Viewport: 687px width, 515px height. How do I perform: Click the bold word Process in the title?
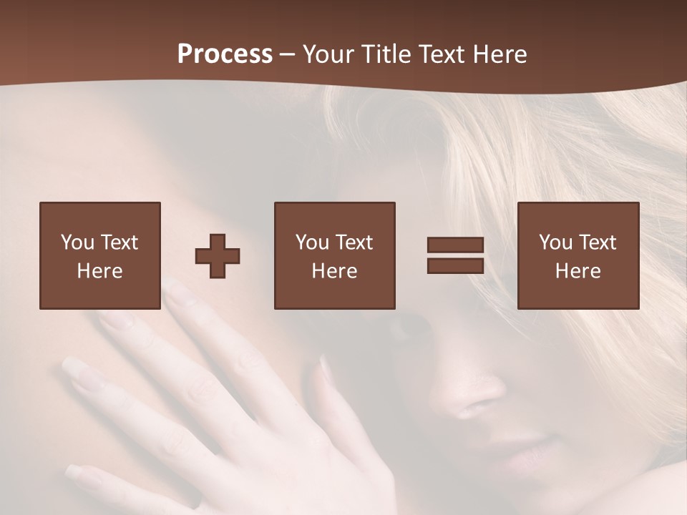225,54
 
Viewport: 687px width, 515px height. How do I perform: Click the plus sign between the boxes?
218,256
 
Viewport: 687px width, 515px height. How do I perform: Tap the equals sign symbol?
455,255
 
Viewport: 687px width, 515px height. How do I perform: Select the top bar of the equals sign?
455,245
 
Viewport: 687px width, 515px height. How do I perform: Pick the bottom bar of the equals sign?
455,265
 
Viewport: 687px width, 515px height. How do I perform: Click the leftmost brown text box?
100,255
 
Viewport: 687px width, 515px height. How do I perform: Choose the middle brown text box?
334,255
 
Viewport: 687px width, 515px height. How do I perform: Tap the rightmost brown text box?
578,255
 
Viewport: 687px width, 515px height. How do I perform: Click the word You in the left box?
77,242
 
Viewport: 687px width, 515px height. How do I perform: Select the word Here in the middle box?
334,270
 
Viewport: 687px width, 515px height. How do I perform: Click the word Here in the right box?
578,270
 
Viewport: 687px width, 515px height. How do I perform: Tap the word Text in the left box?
118,242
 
